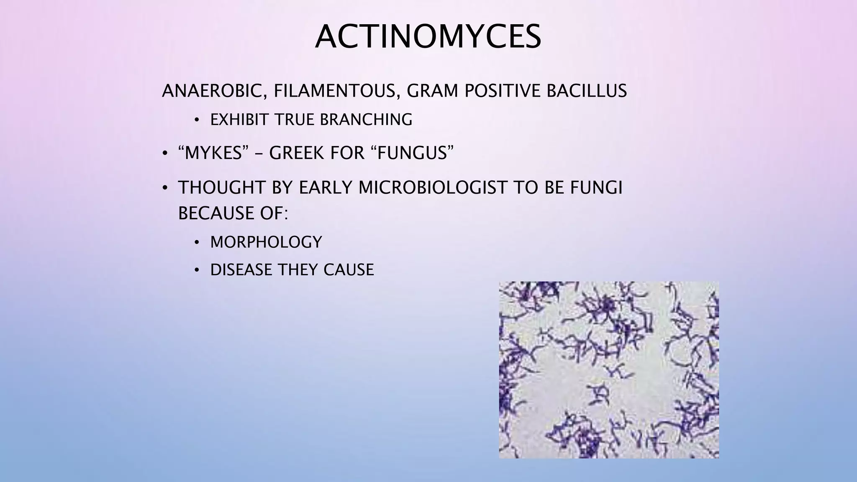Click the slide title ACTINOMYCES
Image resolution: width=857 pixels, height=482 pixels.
pos(428,37)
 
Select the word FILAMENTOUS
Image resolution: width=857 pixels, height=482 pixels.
pos(334,91)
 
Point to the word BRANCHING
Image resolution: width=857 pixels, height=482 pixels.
pos(366,120)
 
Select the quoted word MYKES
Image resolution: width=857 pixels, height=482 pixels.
pos(210,153)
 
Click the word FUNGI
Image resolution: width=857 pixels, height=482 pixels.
pos(596,187)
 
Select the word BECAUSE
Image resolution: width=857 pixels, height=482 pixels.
pos(210,213)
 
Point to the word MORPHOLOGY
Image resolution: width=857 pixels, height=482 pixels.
pos(266,242)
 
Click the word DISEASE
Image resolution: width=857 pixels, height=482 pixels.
pos(241,270)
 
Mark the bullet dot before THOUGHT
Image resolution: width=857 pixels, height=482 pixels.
pos(165,188)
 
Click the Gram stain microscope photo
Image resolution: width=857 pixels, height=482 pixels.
pos(609,370)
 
